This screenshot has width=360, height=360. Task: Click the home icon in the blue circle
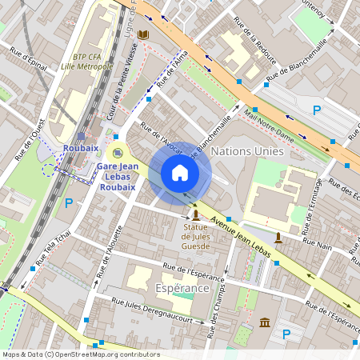click(x=180, y=173)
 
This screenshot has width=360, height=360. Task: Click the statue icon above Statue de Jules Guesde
click(x=196, y=216)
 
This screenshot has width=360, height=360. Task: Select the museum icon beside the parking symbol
click(x=265, y=322)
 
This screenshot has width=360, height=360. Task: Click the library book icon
click(x=143, y=35)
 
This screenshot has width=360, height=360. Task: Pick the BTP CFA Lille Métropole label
click(x=86, y=62)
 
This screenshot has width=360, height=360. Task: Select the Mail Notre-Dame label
click(x=270, y=127)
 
